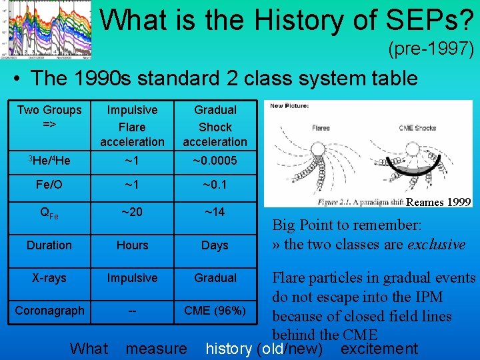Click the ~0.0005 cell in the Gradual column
click(215, 161)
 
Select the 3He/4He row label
click(49, 161)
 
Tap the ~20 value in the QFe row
click(132, 212)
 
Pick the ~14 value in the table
click(215, 212)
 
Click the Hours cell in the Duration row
click(132, 245)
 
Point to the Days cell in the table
click(215, 245)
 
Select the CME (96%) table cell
click(215, 310)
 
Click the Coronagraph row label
click(49, 310)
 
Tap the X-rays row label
click(49, 277)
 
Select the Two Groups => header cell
click(49, 117)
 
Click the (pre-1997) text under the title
click(431, 49)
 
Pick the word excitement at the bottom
click(379, 349)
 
